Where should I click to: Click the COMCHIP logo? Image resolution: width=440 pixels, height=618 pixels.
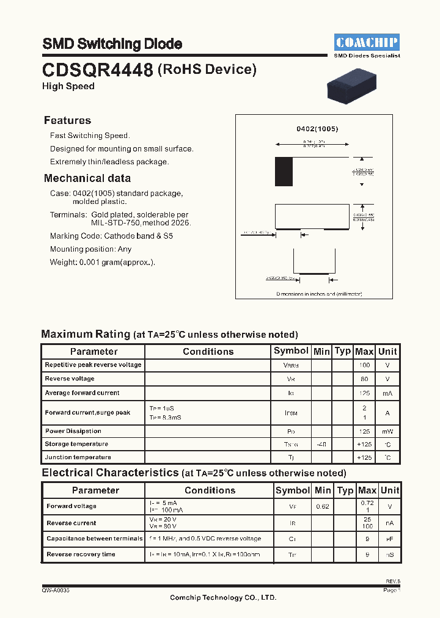click(x=367, y=42)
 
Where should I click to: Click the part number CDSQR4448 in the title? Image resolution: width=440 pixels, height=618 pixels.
click(x=97, y=70)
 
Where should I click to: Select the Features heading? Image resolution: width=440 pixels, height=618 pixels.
click(x=67, y=120)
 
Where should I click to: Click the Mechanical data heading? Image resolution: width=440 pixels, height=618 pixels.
click(x=87, y=178)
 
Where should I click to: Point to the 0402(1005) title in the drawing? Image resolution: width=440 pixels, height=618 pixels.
click(x=317, y=129)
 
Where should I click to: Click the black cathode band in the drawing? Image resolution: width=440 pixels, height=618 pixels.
click(x=284, y=172)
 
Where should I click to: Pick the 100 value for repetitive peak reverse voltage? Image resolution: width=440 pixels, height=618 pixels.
click(x=364, y=365)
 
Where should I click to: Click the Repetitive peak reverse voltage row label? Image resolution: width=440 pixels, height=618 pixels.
click(x=93, y=365)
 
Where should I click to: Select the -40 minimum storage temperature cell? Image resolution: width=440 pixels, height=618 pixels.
click(x=321, y=444)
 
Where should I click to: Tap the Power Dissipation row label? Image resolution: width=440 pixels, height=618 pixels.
click(x=73, y=431)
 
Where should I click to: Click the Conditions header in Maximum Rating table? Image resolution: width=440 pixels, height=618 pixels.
click(x=208, y=351)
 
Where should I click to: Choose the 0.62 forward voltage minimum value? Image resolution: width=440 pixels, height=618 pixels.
click(x=323, y=506)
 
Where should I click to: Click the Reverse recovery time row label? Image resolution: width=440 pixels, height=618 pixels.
click(x=81, y=554)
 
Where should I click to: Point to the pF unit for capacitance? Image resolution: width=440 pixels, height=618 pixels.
click(x=389, y=539)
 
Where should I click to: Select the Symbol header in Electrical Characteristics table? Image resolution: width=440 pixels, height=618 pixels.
click(x=293, y=490)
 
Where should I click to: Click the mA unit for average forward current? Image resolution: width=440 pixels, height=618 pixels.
click(x=387, y=393)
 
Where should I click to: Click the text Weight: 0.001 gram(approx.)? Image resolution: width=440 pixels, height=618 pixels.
click(x=102, y=262)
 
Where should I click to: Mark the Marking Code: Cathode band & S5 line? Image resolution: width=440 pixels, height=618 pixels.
click(x=111, y=236)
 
